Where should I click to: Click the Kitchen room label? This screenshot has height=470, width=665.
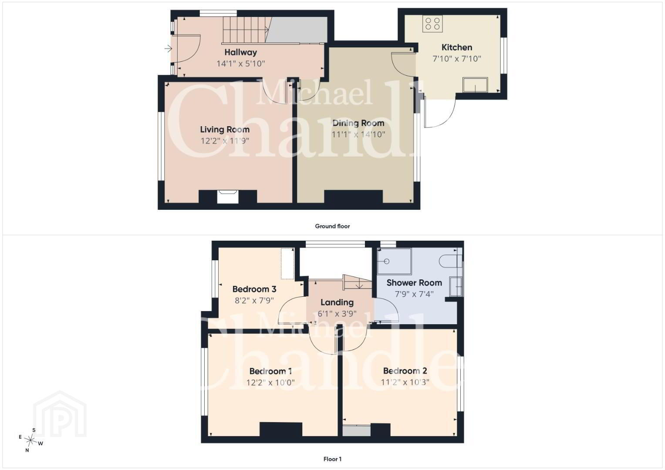coord(456,47)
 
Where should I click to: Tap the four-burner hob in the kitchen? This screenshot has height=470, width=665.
coord(432,24)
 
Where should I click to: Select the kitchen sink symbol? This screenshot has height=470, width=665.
coord(475,85)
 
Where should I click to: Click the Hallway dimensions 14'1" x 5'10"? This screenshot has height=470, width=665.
coord(240,64)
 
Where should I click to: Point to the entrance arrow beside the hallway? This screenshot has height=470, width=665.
coord(169,48)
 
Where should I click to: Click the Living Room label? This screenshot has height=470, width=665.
coord(225,130)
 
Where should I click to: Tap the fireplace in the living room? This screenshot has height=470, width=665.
coord(228,197)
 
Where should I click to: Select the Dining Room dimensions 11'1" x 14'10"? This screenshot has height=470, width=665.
coord(358,134)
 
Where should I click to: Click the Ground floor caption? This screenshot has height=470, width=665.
coord(333,226)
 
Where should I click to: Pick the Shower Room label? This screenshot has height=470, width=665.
coord(414,283)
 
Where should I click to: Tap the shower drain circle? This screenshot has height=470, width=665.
coord(387,262)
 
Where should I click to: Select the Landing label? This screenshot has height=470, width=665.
coord(337,302)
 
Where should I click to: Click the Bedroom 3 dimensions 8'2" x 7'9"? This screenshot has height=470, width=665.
coord(254,301)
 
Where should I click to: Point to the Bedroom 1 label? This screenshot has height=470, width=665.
coord(270,371)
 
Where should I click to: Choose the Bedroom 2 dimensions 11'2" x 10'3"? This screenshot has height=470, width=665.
coord(405,382)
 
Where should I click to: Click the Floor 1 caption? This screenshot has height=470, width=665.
coord(333,459)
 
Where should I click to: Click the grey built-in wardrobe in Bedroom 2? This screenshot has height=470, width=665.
coord(357,431)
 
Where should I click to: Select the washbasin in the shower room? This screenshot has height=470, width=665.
coord(456,286)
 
